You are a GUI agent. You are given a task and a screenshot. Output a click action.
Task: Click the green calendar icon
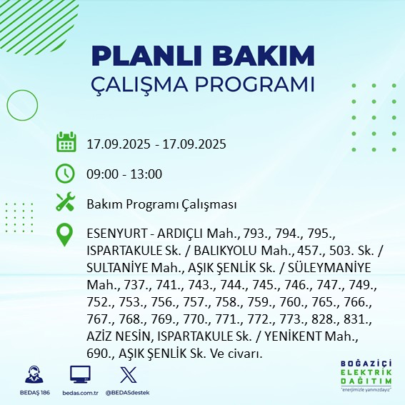(66, 143)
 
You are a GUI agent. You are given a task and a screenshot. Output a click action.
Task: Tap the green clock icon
(66, 174)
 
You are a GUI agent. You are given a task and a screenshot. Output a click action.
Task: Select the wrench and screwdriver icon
(66, 204)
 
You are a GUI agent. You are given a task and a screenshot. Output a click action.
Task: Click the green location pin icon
(66, 235)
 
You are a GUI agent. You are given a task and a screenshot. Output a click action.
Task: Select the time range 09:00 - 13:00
(124, 174)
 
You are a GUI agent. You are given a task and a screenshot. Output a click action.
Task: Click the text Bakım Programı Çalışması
(161, 204)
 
